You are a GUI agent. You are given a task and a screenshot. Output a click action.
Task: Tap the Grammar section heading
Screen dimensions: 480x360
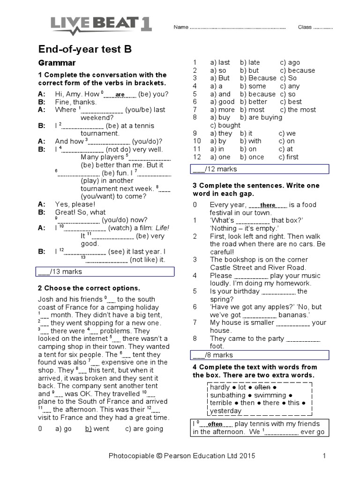(56, 63)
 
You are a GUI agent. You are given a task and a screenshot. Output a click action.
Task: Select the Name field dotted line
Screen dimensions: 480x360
(237, 28)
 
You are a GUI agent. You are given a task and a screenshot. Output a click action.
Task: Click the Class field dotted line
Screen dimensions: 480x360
(322, 28)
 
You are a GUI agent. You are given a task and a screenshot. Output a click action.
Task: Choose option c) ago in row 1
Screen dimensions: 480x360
(290, 62)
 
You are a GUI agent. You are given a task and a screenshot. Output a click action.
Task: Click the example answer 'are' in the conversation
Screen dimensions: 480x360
(120, 94)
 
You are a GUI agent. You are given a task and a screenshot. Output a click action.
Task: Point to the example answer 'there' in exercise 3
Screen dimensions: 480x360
(268, 205)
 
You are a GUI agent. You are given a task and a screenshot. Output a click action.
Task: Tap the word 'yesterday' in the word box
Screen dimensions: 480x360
(226, 411)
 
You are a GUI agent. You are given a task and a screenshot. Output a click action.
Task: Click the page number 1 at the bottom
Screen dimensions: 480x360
(324, 455)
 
